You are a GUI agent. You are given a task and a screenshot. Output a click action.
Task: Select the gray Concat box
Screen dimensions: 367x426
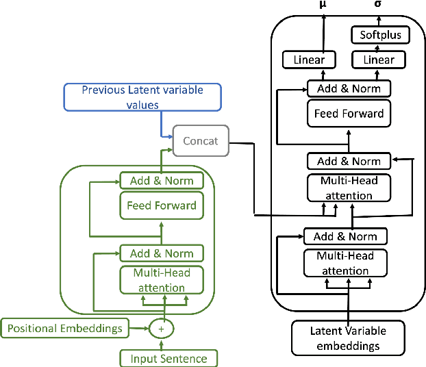point(200,140)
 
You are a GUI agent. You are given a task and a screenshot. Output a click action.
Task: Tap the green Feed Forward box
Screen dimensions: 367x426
point(161,205)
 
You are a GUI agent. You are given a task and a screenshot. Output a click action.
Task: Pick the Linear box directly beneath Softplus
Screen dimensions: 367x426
point(378,60)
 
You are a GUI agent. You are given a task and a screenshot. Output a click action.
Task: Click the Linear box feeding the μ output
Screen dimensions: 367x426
point(309,60)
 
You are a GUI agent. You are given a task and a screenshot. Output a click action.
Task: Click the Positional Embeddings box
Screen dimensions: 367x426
point(65,328)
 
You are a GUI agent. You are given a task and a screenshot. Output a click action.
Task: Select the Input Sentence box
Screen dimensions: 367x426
point(168,358)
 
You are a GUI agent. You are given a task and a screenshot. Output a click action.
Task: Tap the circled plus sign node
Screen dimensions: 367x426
point(162,329)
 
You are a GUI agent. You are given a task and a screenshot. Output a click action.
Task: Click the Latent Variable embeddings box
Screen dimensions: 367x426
point(348,338)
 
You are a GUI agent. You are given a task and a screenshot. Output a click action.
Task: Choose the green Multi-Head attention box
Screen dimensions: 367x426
point(161,280)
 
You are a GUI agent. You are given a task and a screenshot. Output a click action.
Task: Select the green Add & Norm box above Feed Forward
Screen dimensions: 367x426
point(161,181)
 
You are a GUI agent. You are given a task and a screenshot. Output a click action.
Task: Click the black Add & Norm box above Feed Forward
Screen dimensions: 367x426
point(349,88)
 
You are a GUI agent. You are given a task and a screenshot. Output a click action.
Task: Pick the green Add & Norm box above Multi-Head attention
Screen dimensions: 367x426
point(161,253)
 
